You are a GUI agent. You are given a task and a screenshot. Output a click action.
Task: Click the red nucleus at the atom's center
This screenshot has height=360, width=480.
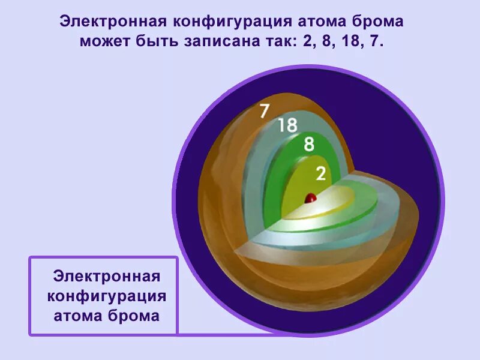[311, 197]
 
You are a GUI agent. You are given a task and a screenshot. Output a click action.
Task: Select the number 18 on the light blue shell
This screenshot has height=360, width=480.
[287, 125]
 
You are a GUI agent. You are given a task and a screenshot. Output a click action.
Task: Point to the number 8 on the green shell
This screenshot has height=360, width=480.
[309, 144]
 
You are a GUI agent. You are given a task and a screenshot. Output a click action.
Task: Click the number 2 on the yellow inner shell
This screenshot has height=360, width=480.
[321, 173]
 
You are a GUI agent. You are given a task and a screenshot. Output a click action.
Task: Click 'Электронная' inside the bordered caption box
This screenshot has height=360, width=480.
[106, 277]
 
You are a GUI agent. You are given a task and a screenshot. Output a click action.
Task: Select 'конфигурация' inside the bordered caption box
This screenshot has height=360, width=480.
[106, 296]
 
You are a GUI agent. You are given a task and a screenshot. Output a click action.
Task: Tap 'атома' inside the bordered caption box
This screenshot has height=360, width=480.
[79, 316]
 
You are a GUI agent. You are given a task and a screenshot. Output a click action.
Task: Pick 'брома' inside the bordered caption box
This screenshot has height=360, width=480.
[135, 316]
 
